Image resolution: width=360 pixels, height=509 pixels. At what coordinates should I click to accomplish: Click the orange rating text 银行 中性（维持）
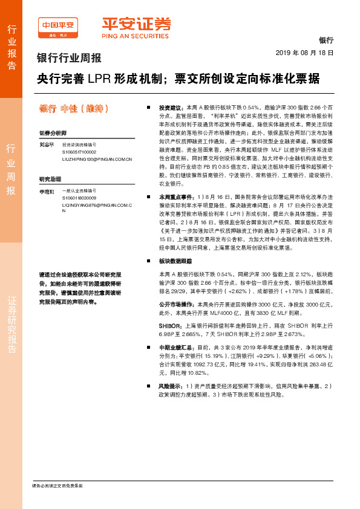point(73,109)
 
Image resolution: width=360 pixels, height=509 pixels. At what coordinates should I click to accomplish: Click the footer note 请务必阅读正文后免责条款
point(57,486)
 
